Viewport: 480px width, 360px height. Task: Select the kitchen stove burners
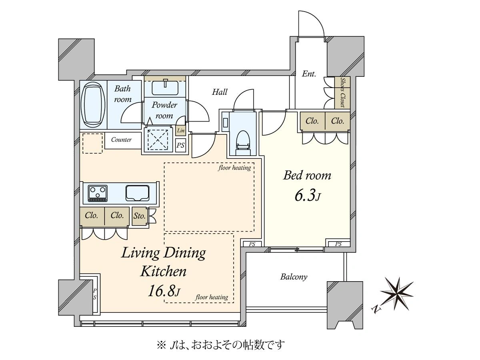[98, 193]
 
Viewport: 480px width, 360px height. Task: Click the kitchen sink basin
[137, 193]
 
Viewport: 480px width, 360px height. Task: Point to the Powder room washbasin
[165, 87]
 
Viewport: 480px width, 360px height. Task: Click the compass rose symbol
[397, 294]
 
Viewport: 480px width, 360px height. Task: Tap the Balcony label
[294, 277]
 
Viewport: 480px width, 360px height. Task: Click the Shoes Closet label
[343, 93]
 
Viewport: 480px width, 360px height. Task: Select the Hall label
[220, 92]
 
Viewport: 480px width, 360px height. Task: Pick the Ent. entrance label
[309, 74]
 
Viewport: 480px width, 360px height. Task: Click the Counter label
[121, 140]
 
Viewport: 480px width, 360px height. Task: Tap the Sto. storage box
[139, 216]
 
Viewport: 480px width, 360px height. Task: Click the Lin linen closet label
[181, 131]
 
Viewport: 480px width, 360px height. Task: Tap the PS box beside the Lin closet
[181, 145]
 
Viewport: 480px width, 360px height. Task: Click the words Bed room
[307, 176]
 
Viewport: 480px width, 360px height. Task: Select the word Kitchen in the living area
[163, 272]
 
